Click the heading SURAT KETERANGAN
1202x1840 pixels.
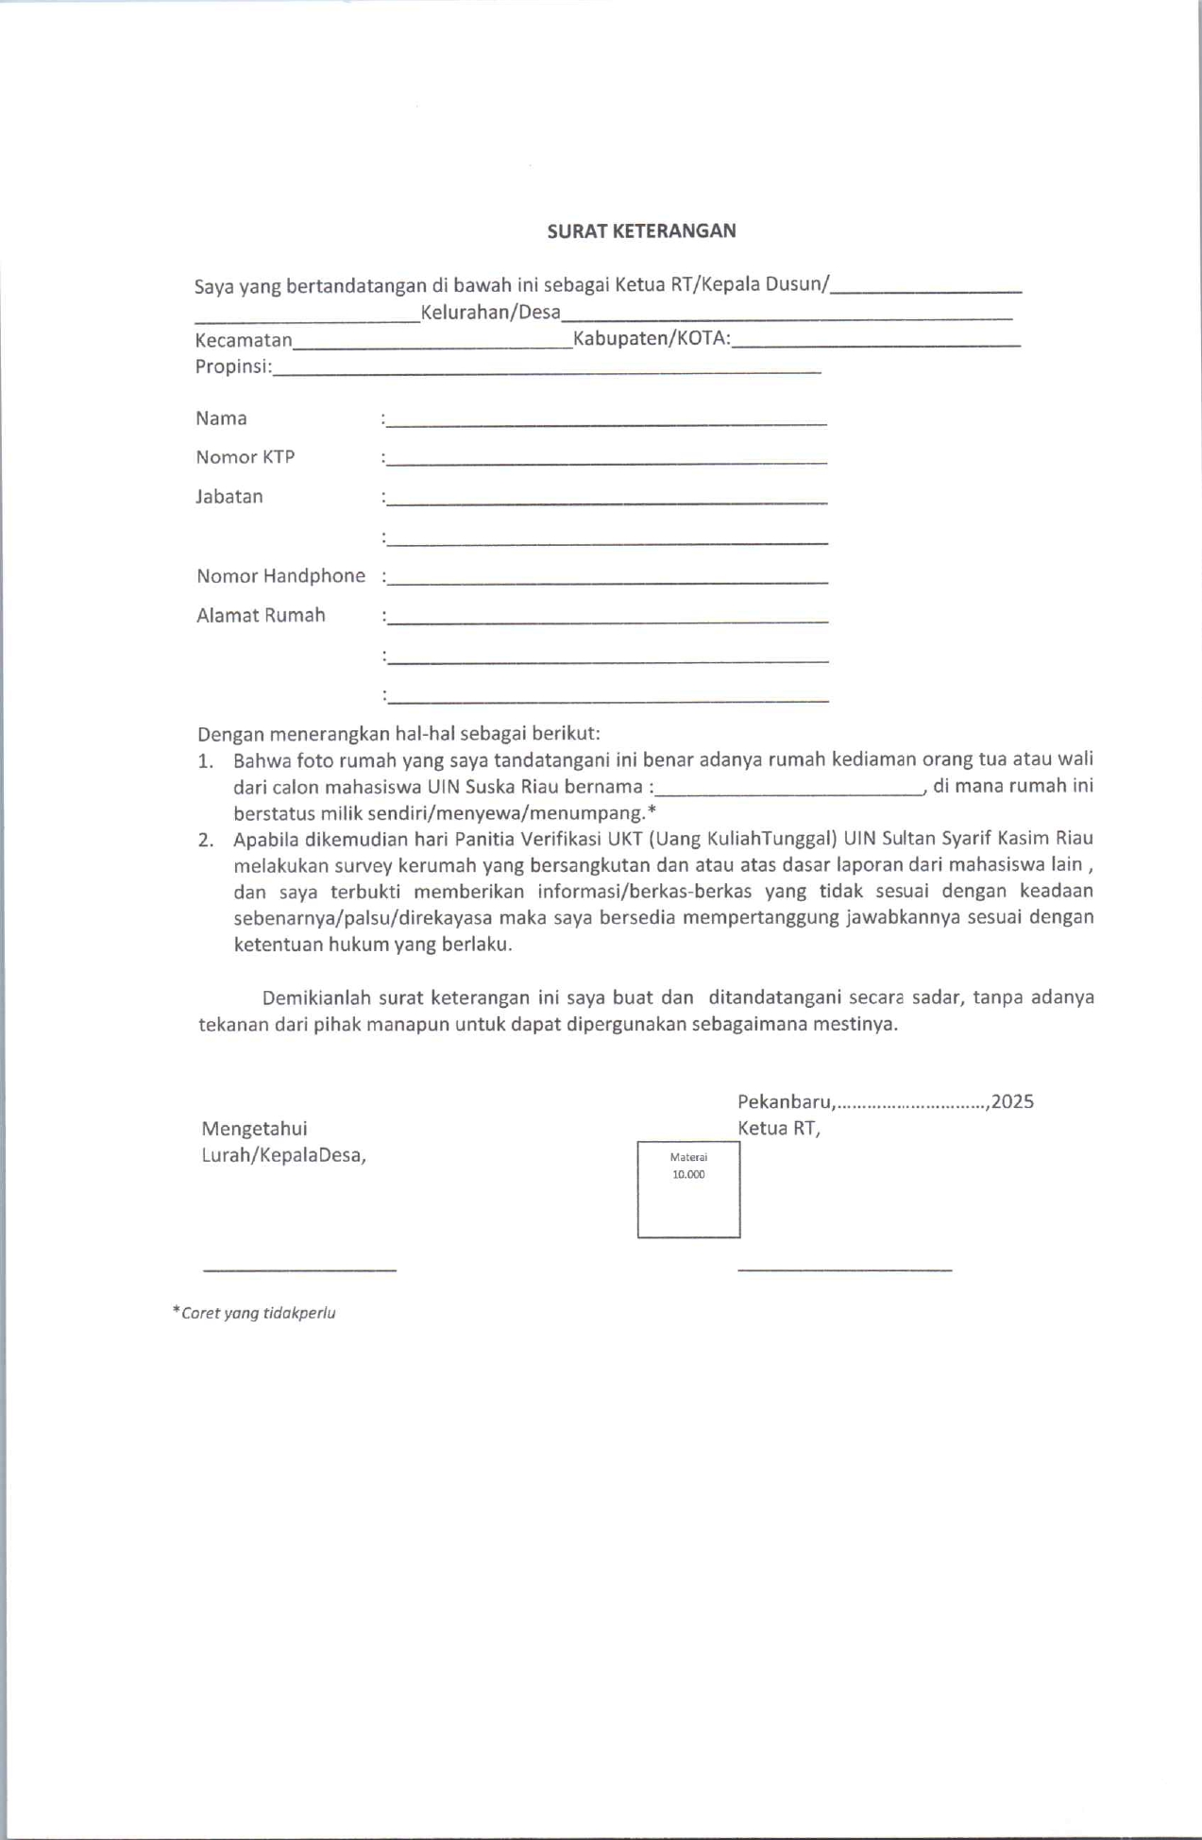click(x=641, y=230)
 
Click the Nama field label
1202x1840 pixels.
click(x=221, y=418)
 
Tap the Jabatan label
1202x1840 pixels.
click(x=229, y=497)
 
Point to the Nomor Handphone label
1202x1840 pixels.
click(x=280, y=576)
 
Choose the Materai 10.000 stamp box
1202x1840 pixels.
click(x=688, y=1189)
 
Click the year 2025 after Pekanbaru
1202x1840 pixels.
click(x=1013, y=1101)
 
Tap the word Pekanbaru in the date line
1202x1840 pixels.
click(x=785, y=1101)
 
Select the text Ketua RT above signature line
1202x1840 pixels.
click(x=778, y=1128)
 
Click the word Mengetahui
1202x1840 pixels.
click(x=254, y=1128)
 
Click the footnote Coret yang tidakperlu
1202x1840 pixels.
click(x=256, y=1313)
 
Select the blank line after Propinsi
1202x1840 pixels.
click(x=547, y=372)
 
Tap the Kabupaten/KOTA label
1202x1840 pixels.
click(x=652, y=339)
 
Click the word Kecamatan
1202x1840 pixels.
click(x=244, y=340)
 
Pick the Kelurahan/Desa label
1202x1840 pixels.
click(x=490, y=313)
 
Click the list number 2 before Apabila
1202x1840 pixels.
click(x=205, y=840)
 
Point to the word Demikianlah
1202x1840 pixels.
click(x=315, y=997)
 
